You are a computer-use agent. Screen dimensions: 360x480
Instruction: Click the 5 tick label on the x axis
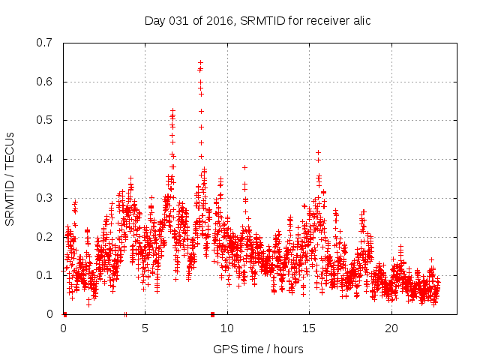145,328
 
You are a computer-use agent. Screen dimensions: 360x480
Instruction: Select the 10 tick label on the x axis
227,328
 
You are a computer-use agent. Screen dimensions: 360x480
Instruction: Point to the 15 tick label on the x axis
310,328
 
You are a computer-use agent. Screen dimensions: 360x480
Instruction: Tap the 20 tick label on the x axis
391,328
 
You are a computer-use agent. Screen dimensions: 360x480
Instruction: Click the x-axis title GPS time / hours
258,349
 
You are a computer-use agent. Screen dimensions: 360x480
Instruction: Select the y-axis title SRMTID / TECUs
10,178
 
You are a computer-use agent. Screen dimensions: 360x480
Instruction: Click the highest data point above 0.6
200,62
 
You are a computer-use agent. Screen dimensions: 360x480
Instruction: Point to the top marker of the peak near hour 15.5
318,152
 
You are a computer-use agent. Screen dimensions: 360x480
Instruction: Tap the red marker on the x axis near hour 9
212,313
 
